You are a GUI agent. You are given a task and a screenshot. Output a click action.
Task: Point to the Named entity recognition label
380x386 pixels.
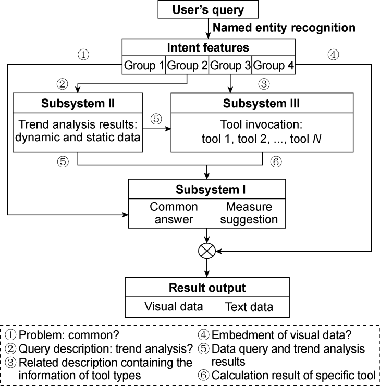coord(285,28)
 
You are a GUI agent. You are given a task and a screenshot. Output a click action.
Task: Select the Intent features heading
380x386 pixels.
coord(208,48)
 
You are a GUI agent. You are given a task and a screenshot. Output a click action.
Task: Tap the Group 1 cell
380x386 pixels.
coord(143,66)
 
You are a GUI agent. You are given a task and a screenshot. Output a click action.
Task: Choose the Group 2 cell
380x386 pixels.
coord(187,66)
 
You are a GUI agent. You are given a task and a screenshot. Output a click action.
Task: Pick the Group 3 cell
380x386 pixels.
coord(230,66)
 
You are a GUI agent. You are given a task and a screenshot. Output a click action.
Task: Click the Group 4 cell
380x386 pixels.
coord(273,66)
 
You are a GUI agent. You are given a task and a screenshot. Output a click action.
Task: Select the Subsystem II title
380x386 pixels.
coord(77,103)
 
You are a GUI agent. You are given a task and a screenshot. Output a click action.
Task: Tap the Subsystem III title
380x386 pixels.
coord(261,103)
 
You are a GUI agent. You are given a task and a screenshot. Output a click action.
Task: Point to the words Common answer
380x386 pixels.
coord(174,213)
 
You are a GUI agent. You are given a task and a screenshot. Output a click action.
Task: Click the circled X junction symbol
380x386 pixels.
coord(207,252)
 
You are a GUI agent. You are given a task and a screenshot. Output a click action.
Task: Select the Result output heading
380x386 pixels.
coord(207,288)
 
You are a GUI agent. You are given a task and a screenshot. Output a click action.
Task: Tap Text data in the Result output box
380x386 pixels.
coord(249,307)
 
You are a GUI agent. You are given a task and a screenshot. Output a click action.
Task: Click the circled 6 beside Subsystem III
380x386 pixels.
coord(276,161)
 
